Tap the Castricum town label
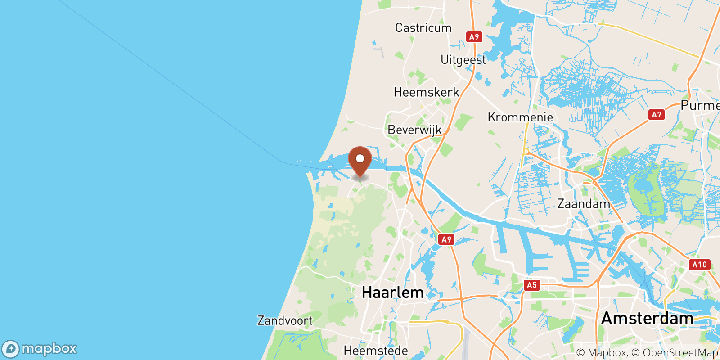point(423,28)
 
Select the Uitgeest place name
point(463,60)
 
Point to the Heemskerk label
point(426,92)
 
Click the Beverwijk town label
point(414,130)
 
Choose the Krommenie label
point(520,117)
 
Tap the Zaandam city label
point(584,204)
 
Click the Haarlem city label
point(392,292)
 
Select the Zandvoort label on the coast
point(285,321)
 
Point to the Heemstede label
point(376,351)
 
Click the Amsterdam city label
point(647,319)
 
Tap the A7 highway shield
point(657,115)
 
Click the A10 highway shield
point(699,265)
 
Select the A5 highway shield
point(531,285)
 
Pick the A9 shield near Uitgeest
point(474,37)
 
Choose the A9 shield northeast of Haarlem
point(446,239)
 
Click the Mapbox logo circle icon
point(10,349)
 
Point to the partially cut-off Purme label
point(700,106)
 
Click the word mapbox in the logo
point(49,349)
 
